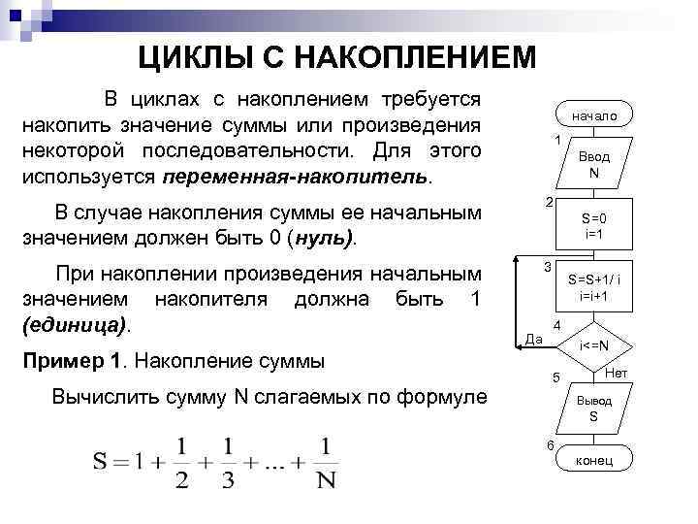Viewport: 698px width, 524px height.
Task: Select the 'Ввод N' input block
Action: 593,164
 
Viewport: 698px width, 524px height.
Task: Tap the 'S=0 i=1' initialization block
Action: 594,225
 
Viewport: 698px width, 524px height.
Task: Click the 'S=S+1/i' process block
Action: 594,286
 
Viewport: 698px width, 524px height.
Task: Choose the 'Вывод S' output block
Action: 594,408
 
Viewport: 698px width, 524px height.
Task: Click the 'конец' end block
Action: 593,460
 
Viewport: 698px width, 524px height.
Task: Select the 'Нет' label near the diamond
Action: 617,374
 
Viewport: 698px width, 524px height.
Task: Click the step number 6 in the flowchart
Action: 550,445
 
